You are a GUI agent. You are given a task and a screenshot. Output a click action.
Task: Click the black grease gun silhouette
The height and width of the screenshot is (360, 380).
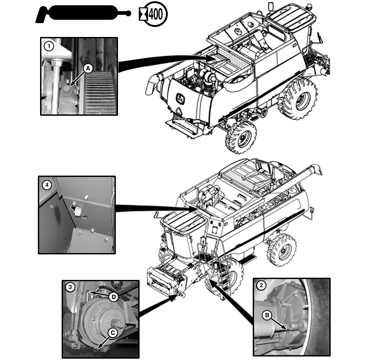point(81,14)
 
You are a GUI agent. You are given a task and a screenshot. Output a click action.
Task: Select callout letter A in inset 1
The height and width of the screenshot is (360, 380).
point(88,68)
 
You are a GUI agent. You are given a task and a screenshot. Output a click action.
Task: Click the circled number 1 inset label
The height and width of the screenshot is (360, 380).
point(48,45)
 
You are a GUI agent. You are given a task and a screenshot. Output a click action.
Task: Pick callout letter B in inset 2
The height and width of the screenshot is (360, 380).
point(266,315)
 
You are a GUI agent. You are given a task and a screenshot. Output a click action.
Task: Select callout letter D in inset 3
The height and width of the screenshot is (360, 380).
point(113,297)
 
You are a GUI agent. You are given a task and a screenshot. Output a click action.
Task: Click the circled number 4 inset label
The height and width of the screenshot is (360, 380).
point(46,185)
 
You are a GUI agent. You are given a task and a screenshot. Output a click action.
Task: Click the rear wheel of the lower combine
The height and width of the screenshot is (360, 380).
point(282,250)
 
